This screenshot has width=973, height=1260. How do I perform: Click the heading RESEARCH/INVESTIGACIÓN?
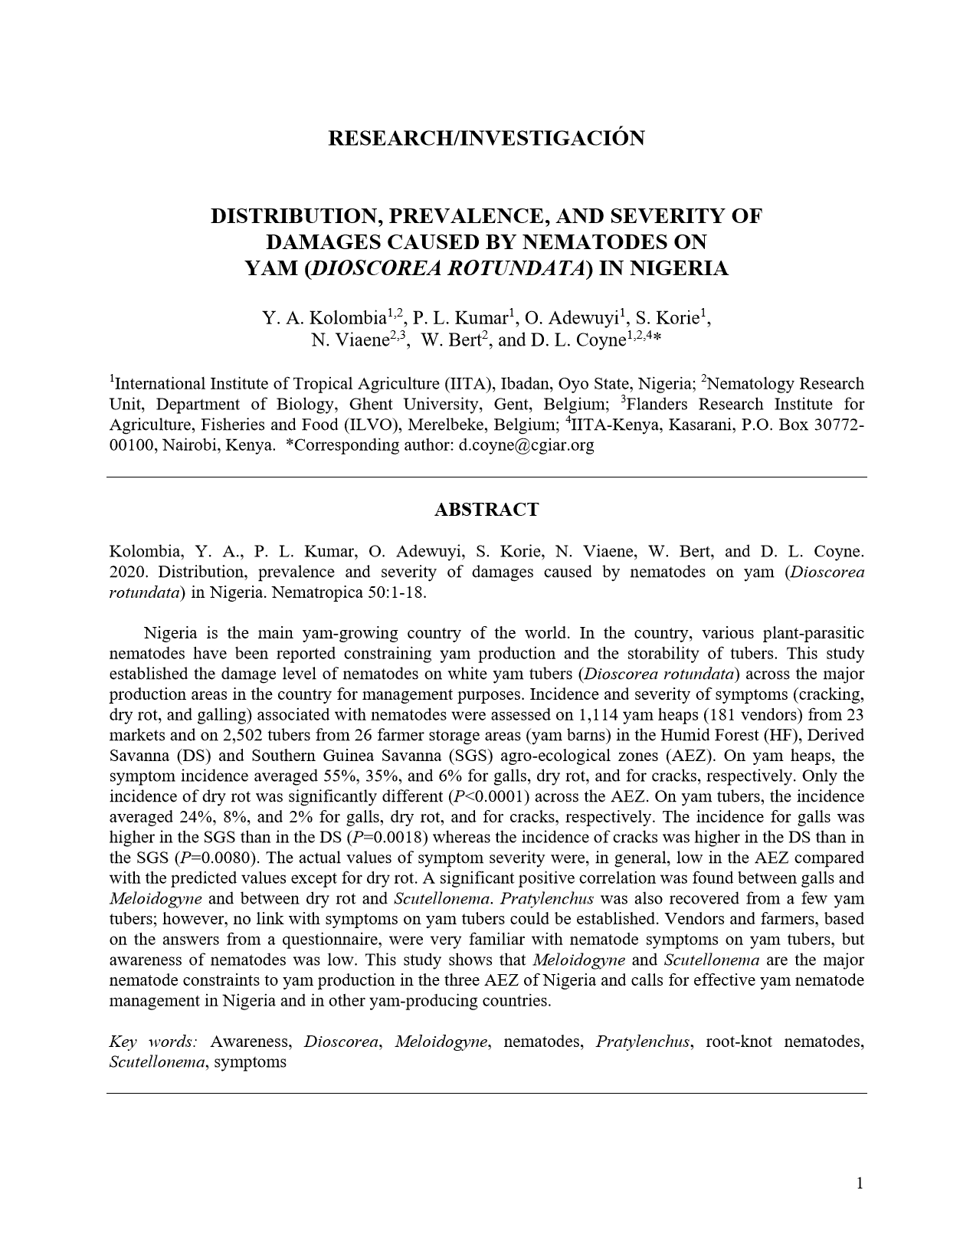pos(486,138)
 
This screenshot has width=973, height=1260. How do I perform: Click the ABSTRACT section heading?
pos(486,510)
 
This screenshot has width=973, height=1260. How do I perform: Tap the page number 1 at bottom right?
pos(860,1183)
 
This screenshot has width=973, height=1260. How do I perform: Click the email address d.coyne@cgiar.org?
pos(526,445)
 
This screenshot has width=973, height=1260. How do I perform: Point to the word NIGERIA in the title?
pos(684,269)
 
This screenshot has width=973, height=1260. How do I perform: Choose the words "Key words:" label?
pos(153,1042)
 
